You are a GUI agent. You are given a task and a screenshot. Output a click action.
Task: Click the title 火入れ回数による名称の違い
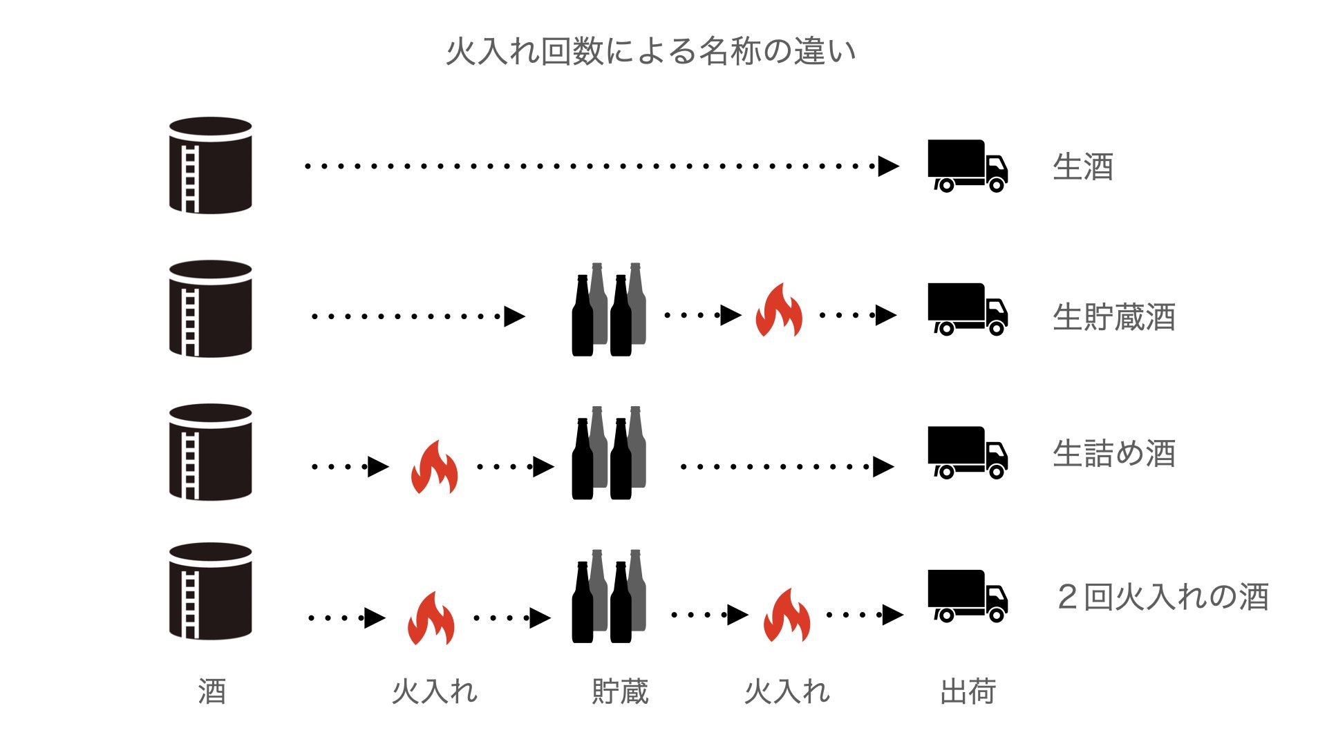(650, 52)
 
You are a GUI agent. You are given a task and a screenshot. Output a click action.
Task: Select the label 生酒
(1082, 167)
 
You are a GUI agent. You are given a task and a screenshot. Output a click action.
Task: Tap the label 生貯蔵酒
(1113, 317)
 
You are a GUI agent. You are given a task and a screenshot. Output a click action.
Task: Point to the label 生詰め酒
(1113, 454)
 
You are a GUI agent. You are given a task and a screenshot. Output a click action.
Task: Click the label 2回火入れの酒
(1163, 597)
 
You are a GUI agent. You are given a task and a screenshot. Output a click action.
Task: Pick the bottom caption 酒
(212, 691)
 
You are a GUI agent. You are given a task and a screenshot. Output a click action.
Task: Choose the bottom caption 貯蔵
(620, 691)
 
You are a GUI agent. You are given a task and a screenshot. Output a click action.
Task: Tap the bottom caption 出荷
(968, 691)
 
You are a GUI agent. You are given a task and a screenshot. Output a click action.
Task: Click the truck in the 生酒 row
(967, 166)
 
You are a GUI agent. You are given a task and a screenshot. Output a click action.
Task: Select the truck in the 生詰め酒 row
(967, 452)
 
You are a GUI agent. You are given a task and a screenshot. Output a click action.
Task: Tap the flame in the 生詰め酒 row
(434, 467)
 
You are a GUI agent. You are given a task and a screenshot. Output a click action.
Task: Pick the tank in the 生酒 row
(211, 165)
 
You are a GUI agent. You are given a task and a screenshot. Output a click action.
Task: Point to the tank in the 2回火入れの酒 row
(211, 591)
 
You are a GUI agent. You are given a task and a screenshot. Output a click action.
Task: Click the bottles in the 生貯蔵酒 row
(609, 310)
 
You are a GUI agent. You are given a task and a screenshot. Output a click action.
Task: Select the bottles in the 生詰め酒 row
(609, 453)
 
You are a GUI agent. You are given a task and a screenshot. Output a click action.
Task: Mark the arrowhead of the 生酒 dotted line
(888, 166)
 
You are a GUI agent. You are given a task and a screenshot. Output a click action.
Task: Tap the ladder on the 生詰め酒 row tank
(191, 464)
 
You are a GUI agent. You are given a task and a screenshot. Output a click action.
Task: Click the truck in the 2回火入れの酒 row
(967, 595)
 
